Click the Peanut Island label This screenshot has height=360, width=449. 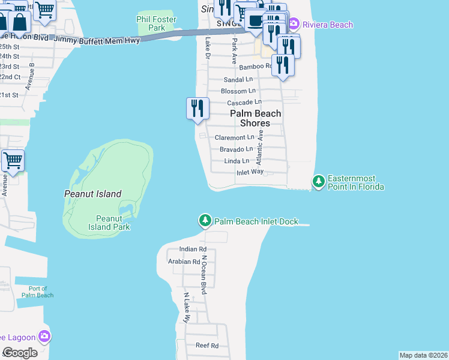tap(92, 194)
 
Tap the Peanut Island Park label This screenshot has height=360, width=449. tap(113, 223)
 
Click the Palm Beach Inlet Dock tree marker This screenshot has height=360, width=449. tap(205, 221)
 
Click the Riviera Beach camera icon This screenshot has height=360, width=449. tap(294, 25)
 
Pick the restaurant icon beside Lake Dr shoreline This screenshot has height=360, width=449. tap(197, 109)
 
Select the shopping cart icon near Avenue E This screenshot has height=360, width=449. tap(13, 161)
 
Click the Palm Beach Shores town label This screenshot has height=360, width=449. tap(256, 118)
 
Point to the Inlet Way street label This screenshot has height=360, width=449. tap(250, 172)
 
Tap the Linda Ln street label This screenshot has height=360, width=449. tap(237, 161)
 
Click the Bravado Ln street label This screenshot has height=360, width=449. tap(236, 149)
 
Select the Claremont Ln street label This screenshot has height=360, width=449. tap(235, 137)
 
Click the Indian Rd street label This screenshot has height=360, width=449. tap(193, 249)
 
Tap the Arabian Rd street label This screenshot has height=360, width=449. tap(184, 262)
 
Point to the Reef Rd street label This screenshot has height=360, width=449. tap(206, 346)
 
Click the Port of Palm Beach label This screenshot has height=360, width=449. tap(37, 292)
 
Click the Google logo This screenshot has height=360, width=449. tap(20, 352)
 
